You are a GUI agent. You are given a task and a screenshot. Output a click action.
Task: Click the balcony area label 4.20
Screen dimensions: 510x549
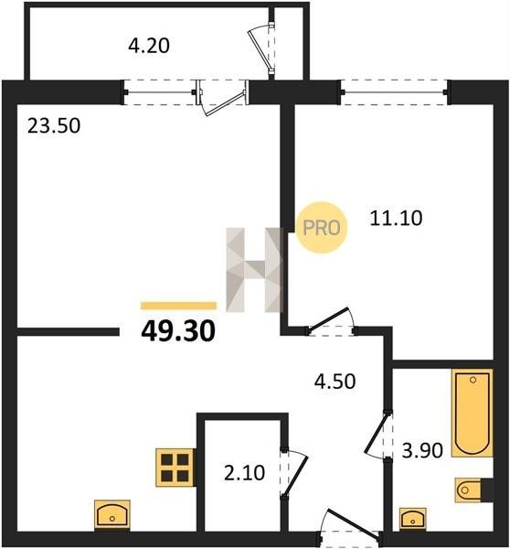pos(149,46)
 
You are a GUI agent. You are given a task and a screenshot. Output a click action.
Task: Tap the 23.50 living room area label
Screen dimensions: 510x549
pos(54,126)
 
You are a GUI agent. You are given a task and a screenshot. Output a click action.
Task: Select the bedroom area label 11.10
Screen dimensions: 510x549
pos(396,218)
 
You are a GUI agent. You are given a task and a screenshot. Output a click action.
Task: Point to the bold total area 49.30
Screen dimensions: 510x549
pos(178,331)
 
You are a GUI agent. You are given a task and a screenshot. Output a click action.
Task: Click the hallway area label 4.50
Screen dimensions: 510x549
pos(335,382)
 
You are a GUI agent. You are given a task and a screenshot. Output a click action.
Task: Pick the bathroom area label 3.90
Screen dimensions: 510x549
pos(422,450)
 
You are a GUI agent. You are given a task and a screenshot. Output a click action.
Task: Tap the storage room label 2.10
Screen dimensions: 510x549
pos(244,473)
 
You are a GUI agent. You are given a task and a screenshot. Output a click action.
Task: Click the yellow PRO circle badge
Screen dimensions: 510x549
pos(322,228)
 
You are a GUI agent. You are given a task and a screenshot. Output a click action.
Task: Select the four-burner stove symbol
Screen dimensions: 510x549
pos(175,468)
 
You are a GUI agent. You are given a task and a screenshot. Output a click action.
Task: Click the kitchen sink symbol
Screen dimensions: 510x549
pos(112,514)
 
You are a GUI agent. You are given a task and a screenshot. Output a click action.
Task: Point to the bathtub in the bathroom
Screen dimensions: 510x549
pos(473,413)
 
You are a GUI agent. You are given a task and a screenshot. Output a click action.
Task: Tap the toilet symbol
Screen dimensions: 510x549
pos(474,490)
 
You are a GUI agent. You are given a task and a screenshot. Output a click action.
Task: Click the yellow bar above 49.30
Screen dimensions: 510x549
pos(178,306)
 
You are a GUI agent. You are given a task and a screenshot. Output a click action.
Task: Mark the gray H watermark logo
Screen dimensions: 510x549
pos(254,270)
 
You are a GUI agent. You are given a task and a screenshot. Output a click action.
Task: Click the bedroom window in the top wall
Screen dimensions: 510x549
pos(394,92)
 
